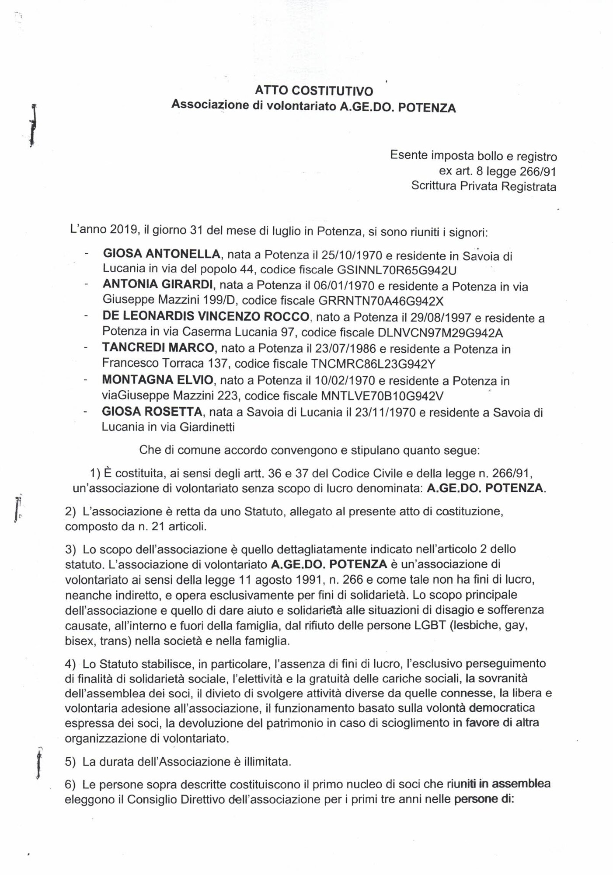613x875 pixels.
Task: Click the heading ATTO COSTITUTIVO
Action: (314, 91)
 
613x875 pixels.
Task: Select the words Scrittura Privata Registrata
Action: (484, 187)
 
